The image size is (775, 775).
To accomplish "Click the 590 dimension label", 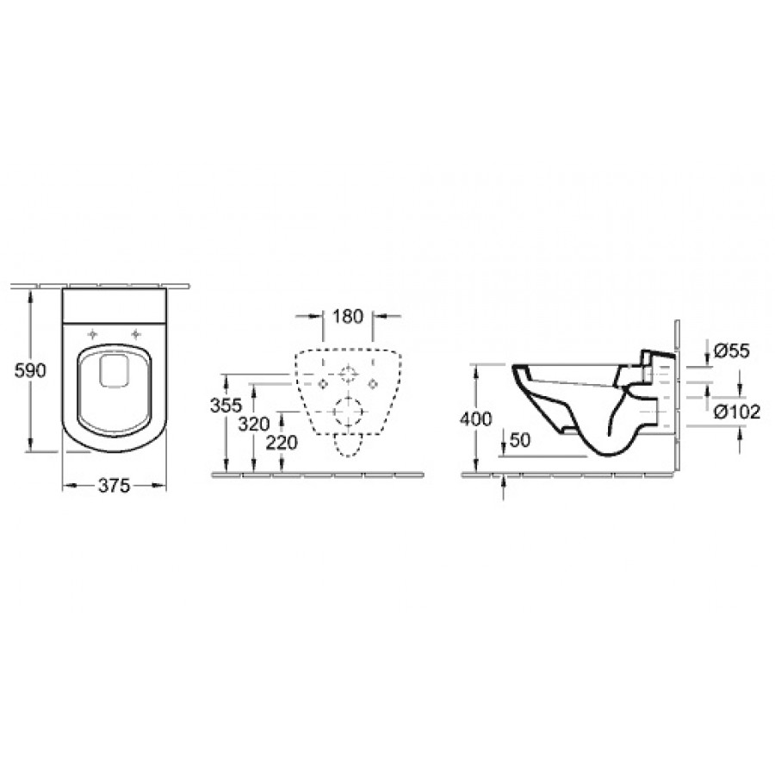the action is pos(30,370).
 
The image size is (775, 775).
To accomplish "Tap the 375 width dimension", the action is pos(115,486).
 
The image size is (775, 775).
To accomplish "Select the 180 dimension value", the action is pos(348,316).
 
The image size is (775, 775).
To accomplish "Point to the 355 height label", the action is pos(226,406).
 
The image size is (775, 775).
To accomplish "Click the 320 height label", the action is pos(253,424).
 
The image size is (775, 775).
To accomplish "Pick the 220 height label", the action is pos(282,443).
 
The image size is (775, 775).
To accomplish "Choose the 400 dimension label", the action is pos(476,419).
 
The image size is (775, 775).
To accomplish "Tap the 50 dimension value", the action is pos(519,440).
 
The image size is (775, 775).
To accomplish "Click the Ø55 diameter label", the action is pos(732,350).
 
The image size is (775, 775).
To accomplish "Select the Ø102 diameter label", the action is pos(737,412).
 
